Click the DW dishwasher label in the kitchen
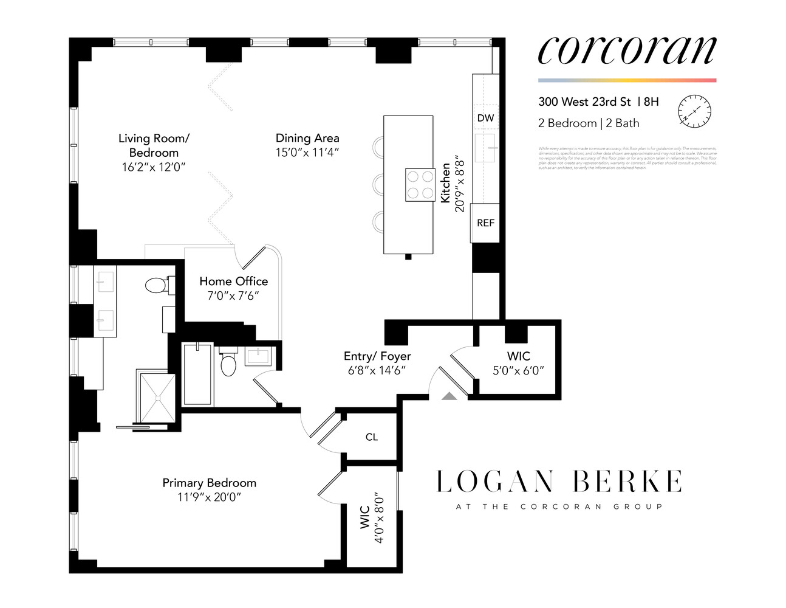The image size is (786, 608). tap(485, 118)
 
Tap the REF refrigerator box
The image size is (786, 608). tap(485, 223)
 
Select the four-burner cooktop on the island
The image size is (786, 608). tap(420, 185)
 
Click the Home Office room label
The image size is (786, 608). tap(233, 281)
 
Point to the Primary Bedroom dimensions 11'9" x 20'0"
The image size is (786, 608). tap(209, 497)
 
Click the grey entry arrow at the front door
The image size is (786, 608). tap(449, 396)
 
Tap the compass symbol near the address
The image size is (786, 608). tap(694, 111)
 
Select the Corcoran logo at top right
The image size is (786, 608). tap(627, 50)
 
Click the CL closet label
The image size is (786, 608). tap(372, 437)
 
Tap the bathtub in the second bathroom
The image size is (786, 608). tap(197, 374)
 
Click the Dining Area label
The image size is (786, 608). tap(307, 138)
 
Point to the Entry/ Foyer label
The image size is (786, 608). tap(377, 356)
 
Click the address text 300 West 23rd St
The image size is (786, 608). tap(584, 102)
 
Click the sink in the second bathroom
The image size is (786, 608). tap(258, 355)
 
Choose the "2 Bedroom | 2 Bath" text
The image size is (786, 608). tap(589, 123)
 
